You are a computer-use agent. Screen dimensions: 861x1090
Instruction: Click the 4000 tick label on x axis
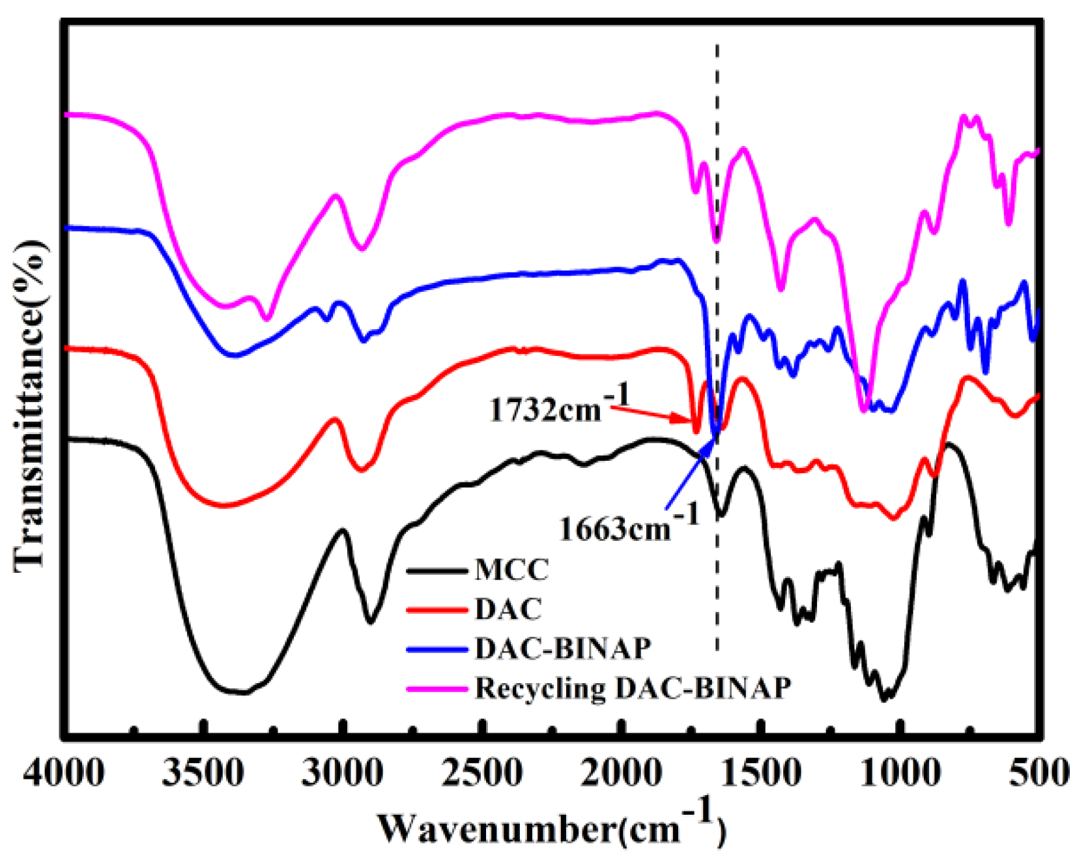point(65,774)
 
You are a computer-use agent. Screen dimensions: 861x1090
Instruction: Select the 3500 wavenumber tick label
point(203,774)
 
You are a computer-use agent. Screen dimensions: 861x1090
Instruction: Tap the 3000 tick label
point(343,774)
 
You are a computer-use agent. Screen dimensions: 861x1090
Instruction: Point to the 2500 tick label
point(481,774)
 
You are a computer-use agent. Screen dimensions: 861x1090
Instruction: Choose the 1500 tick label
point(760,774)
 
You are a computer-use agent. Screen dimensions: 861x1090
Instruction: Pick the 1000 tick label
point(900,774)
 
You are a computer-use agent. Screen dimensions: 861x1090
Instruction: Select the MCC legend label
point(511,570)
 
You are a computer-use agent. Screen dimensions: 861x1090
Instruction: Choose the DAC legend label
point(508,609)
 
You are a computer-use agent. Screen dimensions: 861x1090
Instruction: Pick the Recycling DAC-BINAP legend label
point(633,688)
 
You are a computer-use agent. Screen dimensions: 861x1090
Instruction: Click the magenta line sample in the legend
point(437,688)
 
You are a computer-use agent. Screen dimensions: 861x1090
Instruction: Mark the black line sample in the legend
point(437,571)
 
